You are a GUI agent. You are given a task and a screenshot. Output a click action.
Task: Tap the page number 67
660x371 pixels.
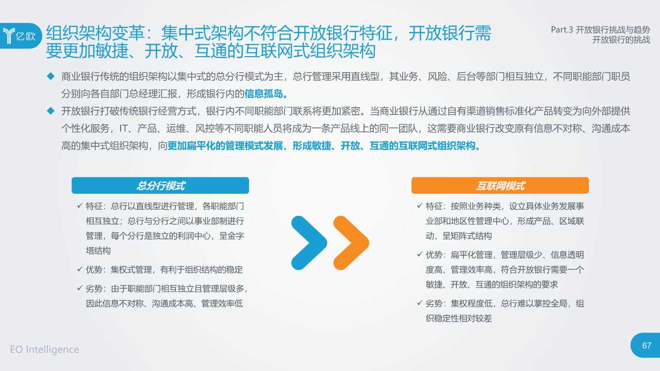click(x=647, y=345)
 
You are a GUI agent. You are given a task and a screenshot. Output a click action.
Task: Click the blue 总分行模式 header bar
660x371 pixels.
click(x=160, y=185)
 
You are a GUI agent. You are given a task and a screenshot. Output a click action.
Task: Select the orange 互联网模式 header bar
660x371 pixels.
click(x=500, y=185)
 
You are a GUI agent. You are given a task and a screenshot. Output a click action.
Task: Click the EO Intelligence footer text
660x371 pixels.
click(x=44, y=349)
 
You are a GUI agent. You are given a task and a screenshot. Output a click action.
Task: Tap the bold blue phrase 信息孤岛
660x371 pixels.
click(x=265, y=94)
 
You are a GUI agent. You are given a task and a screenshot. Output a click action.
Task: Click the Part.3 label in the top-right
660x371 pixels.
click(x=562, y=30)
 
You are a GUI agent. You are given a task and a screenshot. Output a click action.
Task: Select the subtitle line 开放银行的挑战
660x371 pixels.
click(x=621, y=40)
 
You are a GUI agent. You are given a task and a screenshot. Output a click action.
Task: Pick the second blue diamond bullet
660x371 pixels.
click(x=51, y=111)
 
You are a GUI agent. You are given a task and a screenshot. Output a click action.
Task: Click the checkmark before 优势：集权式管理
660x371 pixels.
click(x=80, y=269)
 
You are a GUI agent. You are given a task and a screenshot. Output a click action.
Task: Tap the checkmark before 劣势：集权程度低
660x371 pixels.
click(x=420, y=303)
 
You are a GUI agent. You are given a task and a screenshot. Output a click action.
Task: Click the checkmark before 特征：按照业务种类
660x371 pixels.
click(x=420, y=207)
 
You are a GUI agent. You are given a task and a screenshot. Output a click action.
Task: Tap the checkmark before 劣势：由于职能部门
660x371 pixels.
click(x=80, y=289)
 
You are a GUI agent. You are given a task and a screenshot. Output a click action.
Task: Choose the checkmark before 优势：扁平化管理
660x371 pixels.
click(x=420, y=255)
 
